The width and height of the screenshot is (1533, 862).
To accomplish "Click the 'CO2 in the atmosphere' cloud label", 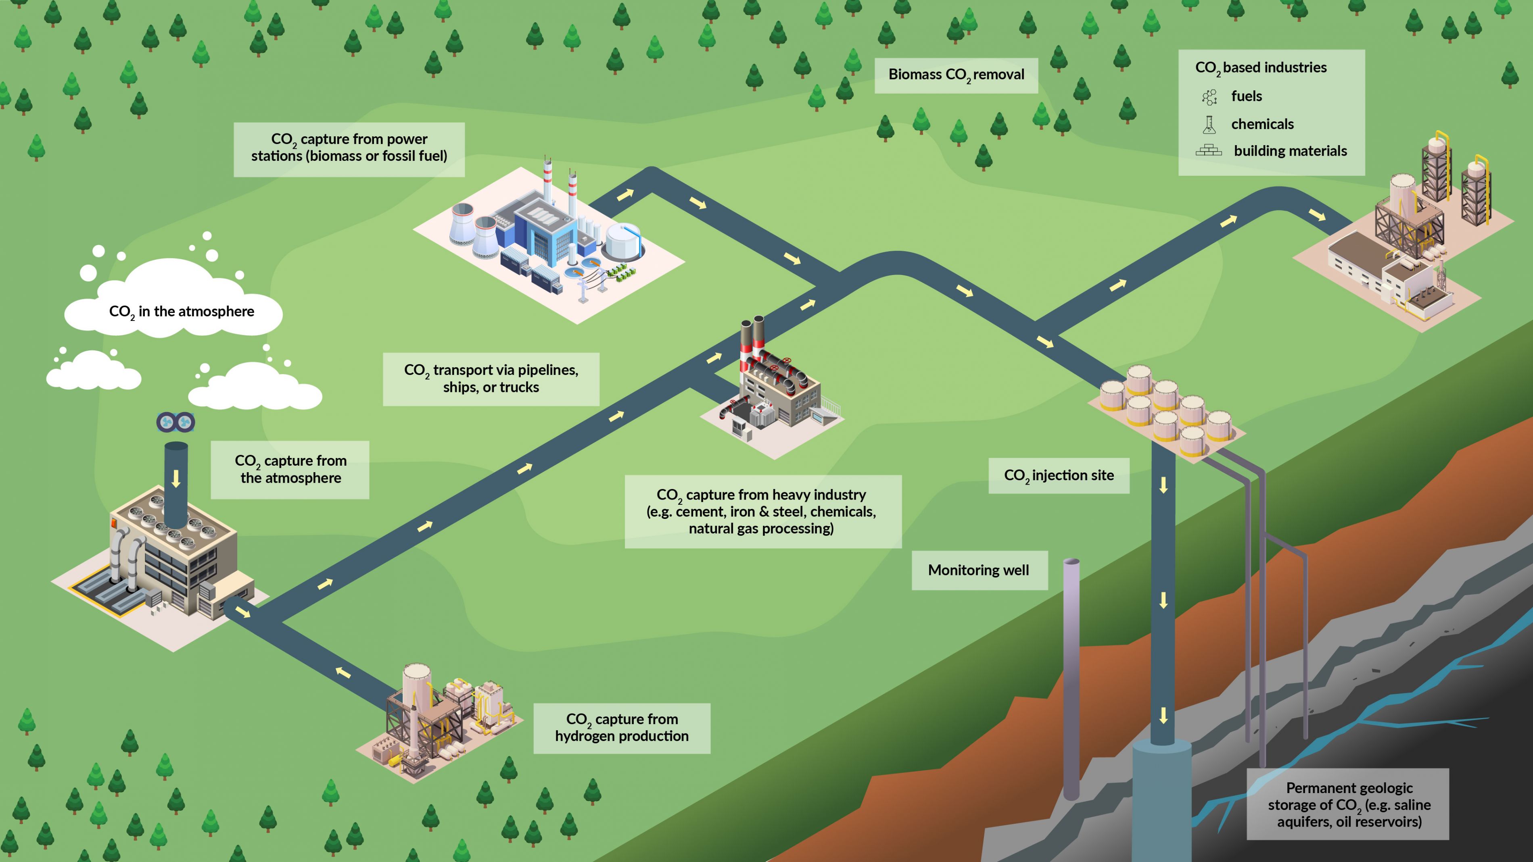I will tap(182, 311).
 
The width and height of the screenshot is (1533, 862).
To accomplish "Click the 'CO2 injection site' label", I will tap(1059, 475).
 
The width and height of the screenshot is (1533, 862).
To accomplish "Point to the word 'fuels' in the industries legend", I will tap(1246, 96).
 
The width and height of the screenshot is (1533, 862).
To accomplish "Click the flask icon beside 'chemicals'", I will tap(1209, 124).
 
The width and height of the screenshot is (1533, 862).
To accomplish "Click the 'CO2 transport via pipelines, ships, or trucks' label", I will tap(491, 378).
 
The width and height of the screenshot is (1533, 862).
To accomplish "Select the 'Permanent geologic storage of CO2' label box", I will tap(1349, 804).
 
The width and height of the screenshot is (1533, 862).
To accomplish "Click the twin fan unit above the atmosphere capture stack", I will tap(175, 423).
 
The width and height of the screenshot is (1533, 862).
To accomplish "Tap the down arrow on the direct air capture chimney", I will tap(175, 478).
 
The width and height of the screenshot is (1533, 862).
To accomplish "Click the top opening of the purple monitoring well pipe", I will tap(1071, 562).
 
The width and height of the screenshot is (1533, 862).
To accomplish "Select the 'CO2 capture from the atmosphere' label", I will tap(290, 469).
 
